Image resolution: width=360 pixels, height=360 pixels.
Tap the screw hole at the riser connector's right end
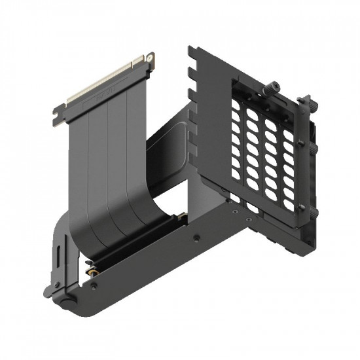pyautogui.click(x=150, y=59)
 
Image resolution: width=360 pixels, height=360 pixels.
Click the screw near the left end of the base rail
pyautogui.click(x=98, y=285)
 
